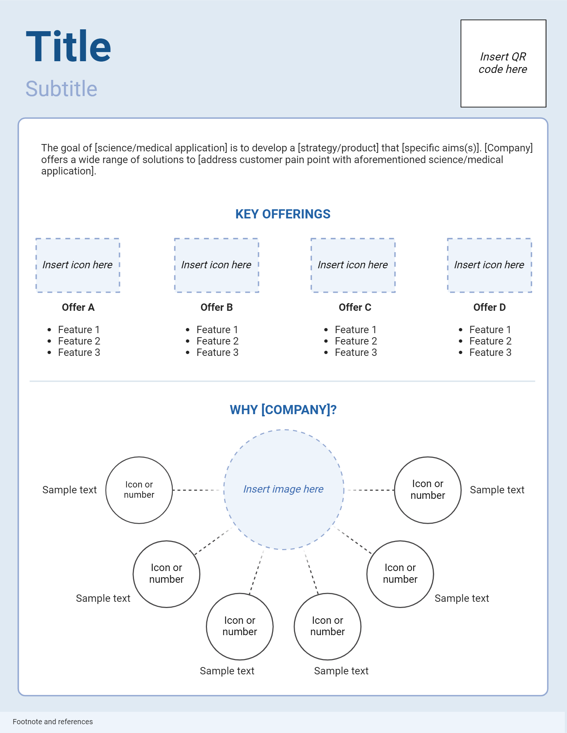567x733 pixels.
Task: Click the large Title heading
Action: pyautogui.click(x=68, y=47)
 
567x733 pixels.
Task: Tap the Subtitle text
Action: pyautogui.click(x=61, y=89)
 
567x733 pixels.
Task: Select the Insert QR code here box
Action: pyautogui.click(x=503, y=63)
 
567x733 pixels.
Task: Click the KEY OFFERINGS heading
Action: pyautogui.click(x=283, y=214)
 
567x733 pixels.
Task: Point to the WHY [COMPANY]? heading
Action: pyautogui.click(x=283, y=410)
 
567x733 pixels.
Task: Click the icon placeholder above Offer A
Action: pyautogui.click(x=77, y=265)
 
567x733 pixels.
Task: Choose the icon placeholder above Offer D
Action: pyautogui.click(x=489, y=265)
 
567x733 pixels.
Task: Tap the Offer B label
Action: pyautogui.click(x=217, y=307)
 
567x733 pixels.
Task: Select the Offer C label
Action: pyautogui.click(x=355, y=307)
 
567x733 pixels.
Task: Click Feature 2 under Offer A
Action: pyautogui.click(x=79, y=341)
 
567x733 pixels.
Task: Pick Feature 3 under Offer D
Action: pyautogui.click(x=490, y=353)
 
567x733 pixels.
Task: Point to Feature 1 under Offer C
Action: pyautogui.click(x=356, y=330)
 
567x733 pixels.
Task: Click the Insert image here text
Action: pyautogui.click(x=283, y=489)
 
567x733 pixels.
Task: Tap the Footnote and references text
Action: pyautogui.click(x=53, y=722)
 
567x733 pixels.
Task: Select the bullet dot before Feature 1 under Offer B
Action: pyautogui.click(x=188, y=330)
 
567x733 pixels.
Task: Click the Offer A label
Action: pyautogui.click(x=78, y=307)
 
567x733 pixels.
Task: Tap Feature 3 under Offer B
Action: pyautogui.click(x=217, y=353)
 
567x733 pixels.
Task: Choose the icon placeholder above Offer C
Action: pyautogui.click(x=353, y=265)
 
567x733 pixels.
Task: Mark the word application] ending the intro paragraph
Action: pyautogui.click(x=68, y=171)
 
